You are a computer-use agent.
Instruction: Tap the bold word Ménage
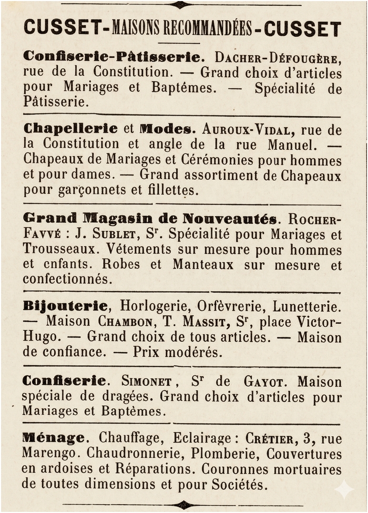(x=54, y=437)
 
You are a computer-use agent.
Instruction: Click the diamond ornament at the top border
(x=180, y=5)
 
